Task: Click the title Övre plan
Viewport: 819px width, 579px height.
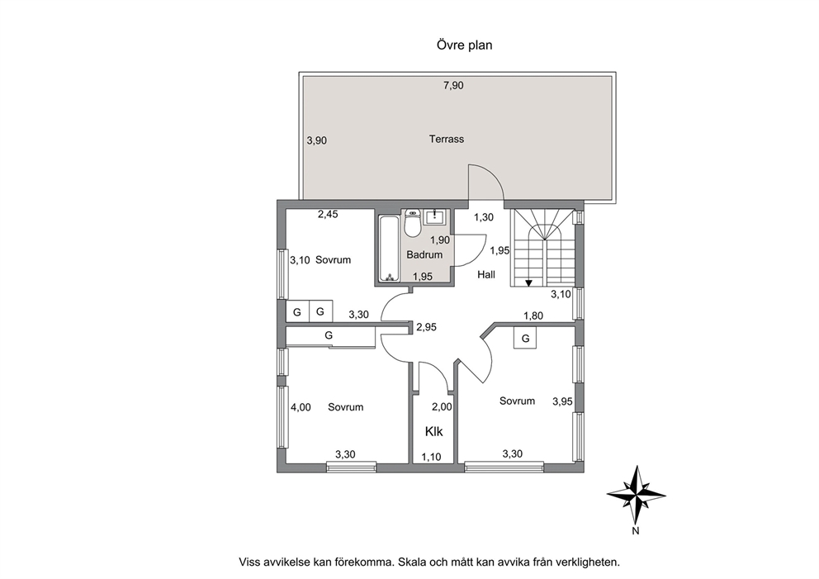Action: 464,45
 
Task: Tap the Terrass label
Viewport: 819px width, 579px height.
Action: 447,139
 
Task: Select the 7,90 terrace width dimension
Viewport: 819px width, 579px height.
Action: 453,85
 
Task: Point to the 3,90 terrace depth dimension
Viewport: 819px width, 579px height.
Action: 317,140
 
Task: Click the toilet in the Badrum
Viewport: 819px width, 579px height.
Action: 413,223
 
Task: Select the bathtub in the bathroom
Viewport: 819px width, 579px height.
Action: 388,248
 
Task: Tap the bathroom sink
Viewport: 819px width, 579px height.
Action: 434,216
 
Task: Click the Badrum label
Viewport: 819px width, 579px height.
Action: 424,254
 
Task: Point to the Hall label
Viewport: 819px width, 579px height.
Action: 486,274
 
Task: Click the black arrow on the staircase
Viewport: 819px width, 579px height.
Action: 528,283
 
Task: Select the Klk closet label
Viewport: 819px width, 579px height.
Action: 433,431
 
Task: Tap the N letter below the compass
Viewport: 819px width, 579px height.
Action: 636,531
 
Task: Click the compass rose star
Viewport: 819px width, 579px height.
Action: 637,495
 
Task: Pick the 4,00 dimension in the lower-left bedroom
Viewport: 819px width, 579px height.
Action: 301,407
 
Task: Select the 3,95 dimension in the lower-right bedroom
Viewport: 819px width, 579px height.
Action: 562,401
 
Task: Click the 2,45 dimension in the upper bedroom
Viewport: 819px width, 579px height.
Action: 328,214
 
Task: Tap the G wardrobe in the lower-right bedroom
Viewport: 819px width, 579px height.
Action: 525,338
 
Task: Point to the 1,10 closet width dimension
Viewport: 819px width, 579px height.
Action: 432,457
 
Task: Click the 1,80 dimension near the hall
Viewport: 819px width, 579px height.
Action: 533,316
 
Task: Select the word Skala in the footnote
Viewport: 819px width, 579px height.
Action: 412,562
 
